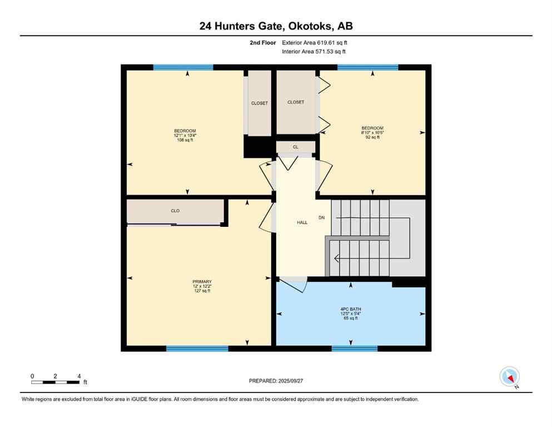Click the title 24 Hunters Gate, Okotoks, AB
click(x=276, y=26)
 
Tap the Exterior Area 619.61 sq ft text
click(x=315, y=42)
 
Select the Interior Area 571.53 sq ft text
click(x=314, y=52)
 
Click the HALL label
click(x=302, y=222)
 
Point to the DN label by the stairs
click(x=321, y=217)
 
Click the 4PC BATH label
click(x=351, y=309)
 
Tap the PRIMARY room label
click(x=202, y=281)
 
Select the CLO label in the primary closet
click(x=175, y=211)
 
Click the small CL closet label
click(x=296, y=147)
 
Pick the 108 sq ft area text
click(x=185, y=140)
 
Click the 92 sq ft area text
click(x=372, y=137)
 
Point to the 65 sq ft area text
click(x=351, y=319)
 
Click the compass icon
click(x=509, y=376)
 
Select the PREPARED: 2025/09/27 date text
click(x=276, y=381)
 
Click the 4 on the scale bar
click(x=79, y=376)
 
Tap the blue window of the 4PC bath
click(x=354, y=349)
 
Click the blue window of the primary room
click(x=197, y=349)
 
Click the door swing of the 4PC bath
click(x=295, y=285)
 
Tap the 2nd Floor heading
click(x=263, y=42)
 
